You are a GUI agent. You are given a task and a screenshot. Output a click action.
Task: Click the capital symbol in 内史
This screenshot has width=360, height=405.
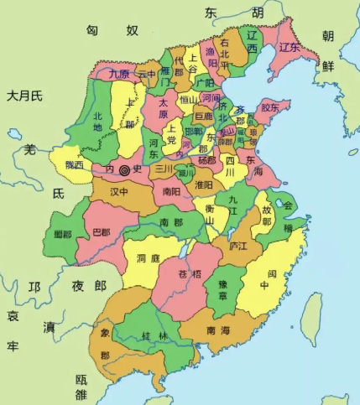click(x=125, y=169)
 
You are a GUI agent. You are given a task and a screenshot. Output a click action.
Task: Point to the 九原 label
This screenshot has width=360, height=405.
click(x=120, y=74)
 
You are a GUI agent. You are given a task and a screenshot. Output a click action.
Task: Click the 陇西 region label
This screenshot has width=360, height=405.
click(x=69, y=164)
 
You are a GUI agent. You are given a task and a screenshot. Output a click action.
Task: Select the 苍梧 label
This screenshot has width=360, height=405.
click(x=190, y=274)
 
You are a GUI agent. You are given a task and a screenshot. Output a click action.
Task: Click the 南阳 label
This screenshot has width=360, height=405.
click(x=171, y=191)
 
